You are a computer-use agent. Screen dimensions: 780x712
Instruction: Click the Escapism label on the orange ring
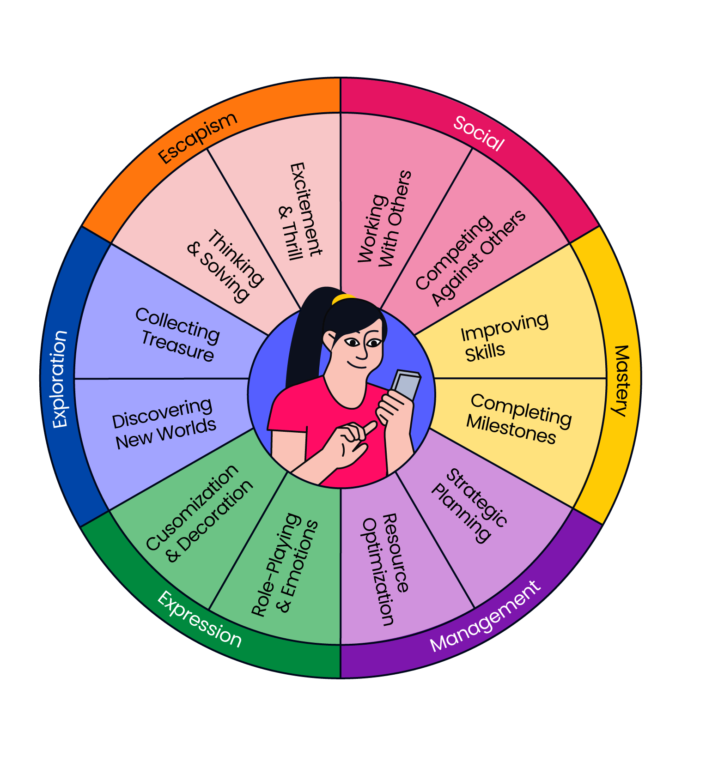pos(198,138)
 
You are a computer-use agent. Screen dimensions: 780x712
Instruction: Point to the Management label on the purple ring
pos(485,617)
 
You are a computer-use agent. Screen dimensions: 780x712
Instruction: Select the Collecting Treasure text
pos(178,334)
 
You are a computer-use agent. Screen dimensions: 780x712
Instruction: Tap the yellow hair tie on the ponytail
pos(343,299)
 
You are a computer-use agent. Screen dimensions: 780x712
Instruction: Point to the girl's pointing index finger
pos(369,428)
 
